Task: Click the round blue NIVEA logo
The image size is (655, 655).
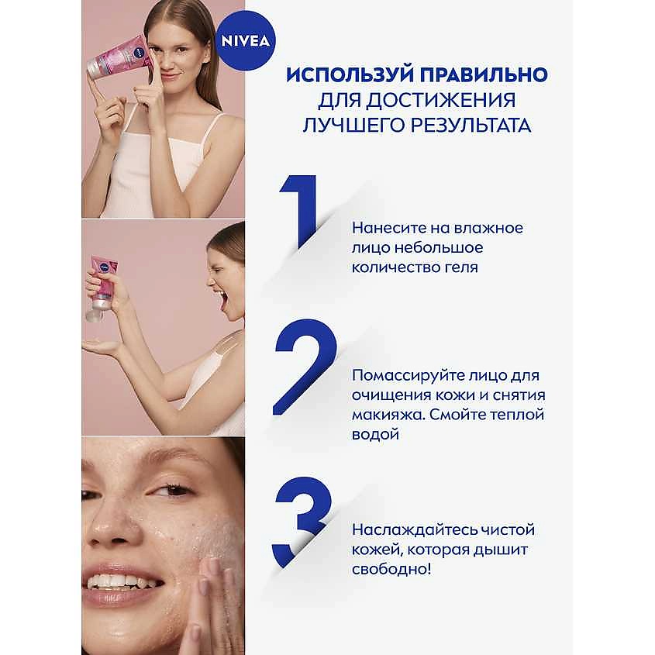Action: [246, 40]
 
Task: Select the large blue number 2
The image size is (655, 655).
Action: [305, 367]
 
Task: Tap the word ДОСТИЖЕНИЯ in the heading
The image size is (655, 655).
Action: [441, 100]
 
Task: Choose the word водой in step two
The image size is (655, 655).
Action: [375, 434]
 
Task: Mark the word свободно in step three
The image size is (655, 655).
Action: [389, 569]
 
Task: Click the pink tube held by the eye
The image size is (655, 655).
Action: [116, 57]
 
